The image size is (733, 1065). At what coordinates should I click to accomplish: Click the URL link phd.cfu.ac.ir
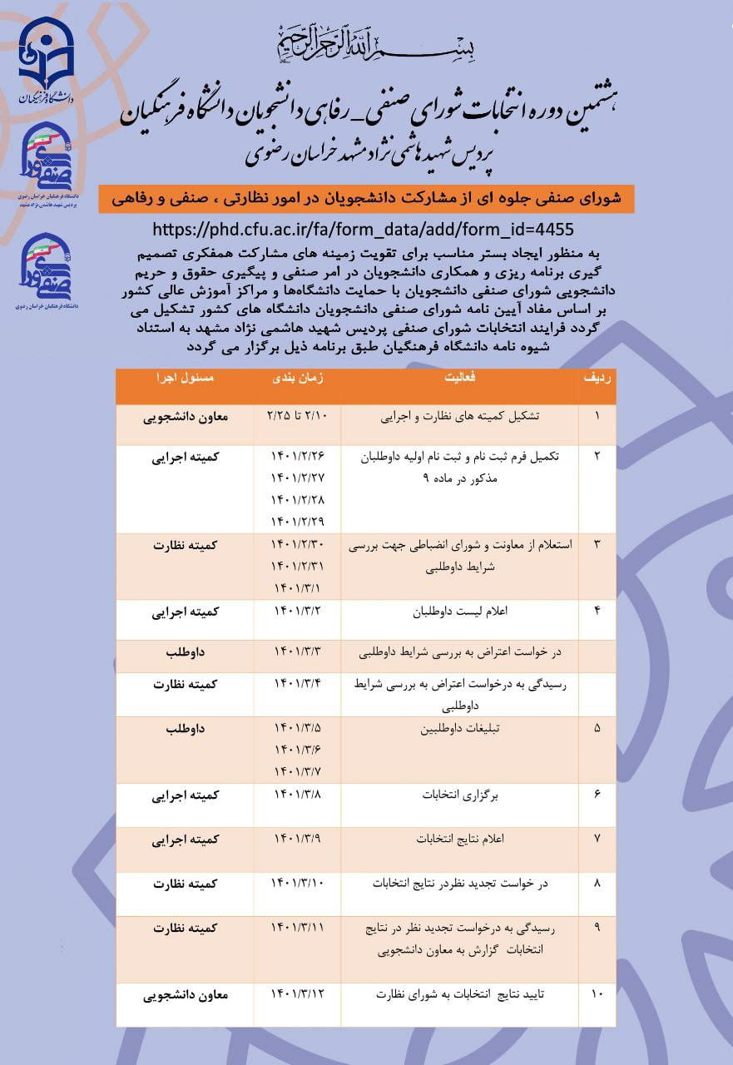pos(364,229)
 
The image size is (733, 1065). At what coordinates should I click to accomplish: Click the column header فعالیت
pos(459,377)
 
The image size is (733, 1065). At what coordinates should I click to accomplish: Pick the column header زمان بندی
pos(297,377)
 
